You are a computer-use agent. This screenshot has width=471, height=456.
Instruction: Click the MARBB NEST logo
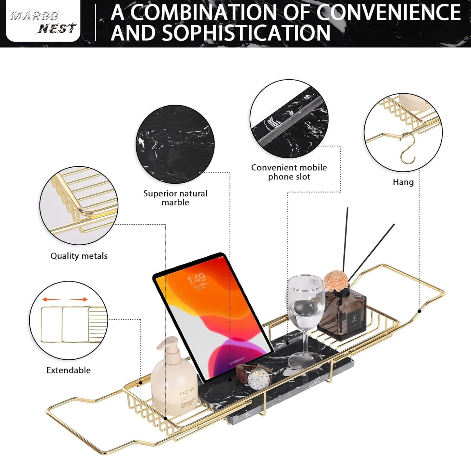(x=43, y=22)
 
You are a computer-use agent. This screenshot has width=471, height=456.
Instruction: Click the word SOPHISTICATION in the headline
(x=246, y=33)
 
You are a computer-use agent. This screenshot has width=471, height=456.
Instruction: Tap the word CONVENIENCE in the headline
(x=388, y=12)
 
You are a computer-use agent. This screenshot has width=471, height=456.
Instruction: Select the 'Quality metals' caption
(x=79, y=256)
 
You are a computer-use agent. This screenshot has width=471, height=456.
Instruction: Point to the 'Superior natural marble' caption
(x=175, y=198)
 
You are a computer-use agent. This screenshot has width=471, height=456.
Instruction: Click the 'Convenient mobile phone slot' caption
(x=289, y=172)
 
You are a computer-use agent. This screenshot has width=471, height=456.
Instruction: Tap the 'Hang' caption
(x=403, y=182)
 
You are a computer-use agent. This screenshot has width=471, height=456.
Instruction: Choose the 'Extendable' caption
(x=68, y=370)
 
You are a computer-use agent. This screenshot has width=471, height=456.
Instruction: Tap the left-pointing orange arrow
(x=51, y=299)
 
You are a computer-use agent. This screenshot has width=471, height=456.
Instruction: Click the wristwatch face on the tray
(x=259, y=379)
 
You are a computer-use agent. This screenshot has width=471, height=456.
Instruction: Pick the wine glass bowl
(x=305, y=302)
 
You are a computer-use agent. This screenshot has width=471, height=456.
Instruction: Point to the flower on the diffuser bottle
(x=336, y=280)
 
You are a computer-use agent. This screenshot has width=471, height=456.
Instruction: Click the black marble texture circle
(x=175, y=144)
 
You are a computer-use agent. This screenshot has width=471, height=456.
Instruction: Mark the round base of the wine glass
(x=303, y=360)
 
